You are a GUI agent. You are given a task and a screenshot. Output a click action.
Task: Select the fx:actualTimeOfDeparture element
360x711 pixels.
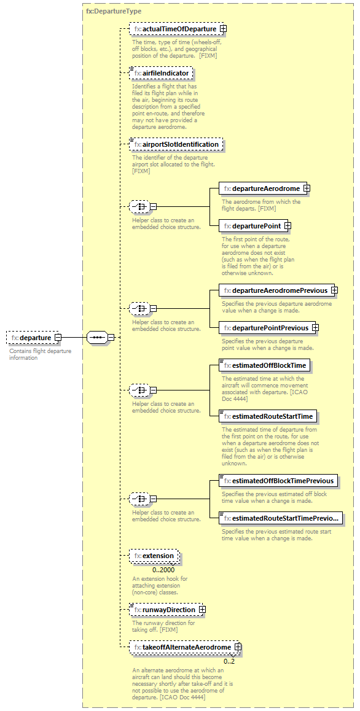click(175, 29)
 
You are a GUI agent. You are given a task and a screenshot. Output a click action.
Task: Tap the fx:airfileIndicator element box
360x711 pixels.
click(162, 74)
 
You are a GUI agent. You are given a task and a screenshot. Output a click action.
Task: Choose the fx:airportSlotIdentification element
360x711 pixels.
click(176, 144)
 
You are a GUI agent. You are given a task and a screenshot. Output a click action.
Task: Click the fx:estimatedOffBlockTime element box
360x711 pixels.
click(264, 365)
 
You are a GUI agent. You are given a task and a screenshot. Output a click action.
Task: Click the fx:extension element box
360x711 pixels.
click(154, 556)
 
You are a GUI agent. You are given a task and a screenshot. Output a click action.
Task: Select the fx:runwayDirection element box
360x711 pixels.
click(164, 610)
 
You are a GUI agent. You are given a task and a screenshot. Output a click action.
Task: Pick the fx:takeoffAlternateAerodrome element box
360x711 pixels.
click(182, 647)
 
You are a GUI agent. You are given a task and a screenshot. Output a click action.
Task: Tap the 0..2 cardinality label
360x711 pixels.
click(229, 661)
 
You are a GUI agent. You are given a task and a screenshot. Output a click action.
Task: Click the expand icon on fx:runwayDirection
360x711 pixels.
click(202, 610)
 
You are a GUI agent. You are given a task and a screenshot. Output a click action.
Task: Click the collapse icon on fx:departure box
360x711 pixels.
click(58, 337)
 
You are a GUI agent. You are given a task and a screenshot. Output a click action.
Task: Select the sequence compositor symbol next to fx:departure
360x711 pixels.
click(96, 337)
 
